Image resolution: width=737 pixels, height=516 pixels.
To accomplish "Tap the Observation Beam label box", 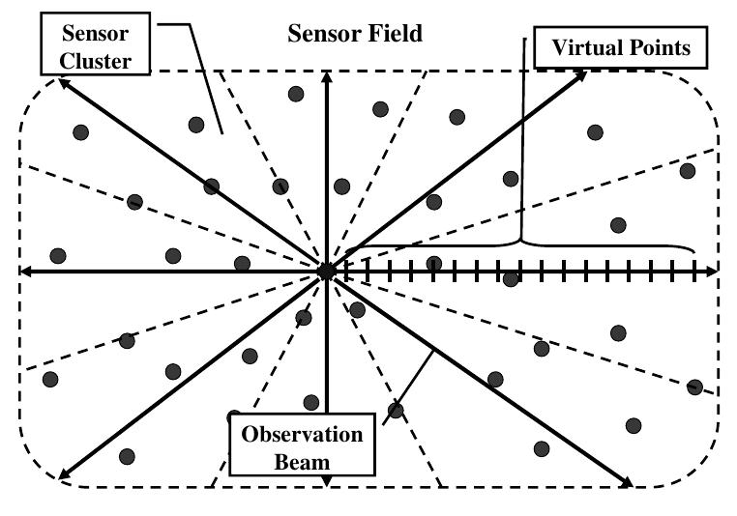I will click(x=302, y=447).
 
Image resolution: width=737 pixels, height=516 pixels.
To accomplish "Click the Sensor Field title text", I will click(x=356, y=34).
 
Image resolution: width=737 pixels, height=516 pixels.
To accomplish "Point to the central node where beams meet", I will click(x=327, y=272).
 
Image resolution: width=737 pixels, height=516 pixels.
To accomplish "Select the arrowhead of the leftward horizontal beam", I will click(x=26, y=272).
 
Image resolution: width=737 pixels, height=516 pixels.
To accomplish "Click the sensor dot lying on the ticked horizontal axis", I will click(x=512, y=278).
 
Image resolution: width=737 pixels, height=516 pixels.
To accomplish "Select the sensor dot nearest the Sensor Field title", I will click(x=296, y=94).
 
